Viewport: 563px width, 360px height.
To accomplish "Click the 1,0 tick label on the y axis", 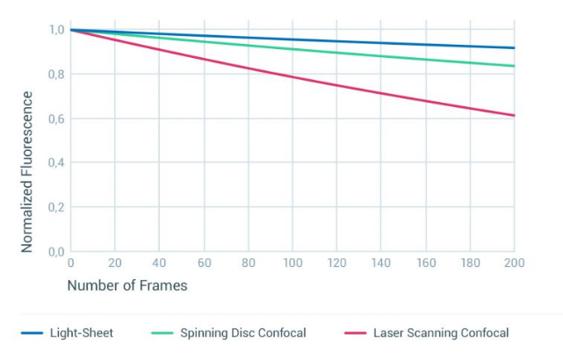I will [55, 30].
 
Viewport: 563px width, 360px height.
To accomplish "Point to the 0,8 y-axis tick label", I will [55, 74].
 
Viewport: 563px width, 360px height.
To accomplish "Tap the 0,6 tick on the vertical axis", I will [55, 119].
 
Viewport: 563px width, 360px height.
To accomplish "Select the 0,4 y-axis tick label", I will [55, 162].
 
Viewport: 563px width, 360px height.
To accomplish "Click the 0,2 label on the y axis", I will [55, 207].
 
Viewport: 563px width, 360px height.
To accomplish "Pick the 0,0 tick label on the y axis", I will [55, 252].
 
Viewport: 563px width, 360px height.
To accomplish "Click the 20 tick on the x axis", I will [115, 263].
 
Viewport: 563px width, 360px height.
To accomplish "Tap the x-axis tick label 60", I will [204, 263].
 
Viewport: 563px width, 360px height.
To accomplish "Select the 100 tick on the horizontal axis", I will [292, 263].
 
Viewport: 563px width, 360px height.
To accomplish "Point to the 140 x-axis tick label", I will [381, 263].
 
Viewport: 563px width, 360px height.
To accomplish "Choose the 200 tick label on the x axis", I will [514, 263].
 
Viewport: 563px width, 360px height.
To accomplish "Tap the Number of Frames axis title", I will [127, 285].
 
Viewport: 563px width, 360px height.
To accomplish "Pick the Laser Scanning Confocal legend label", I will [441, 333].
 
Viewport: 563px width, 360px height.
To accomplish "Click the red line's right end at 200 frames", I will [514, 115].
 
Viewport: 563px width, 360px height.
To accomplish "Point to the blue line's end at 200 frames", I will [514, 47].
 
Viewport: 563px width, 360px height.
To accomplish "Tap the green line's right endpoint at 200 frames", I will [514, 66].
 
